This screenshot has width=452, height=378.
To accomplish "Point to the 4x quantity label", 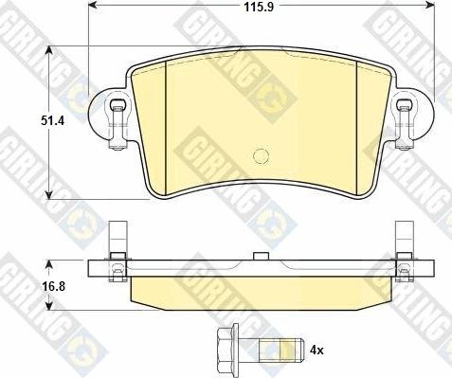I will (x=316, y=351).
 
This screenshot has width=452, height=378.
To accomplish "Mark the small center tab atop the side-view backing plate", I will (x=260, y=256).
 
